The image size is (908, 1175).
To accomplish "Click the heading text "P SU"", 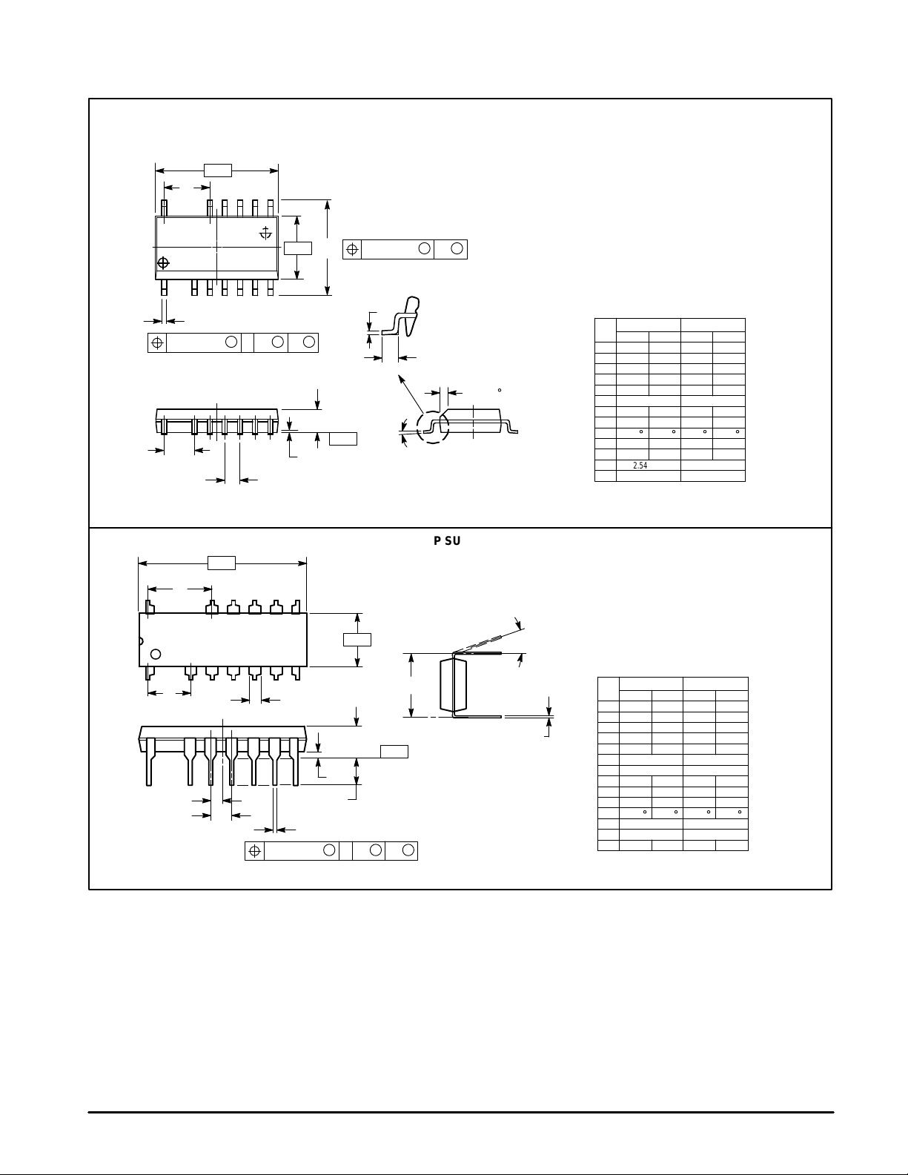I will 447,541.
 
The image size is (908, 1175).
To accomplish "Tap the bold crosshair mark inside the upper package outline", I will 163,262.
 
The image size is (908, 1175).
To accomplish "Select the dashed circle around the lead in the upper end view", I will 434,428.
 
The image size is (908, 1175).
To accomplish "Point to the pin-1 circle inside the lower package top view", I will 156,654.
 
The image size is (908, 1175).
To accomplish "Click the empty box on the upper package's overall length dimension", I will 218,171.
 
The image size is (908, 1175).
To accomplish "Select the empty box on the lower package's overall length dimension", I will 222,563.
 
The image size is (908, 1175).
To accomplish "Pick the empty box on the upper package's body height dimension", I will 298,248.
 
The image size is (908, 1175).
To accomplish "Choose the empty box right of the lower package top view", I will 357,639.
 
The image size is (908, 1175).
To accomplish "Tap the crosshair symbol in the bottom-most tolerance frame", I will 255,850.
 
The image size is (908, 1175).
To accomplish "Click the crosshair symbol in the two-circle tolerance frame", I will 353,249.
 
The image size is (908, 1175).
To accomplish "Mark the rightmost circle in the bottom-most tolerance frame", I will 408,850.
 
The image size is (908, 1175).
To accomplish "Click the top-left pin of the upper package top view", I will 165,208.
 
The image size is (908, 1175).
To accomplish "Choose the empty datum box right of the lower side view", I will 394,752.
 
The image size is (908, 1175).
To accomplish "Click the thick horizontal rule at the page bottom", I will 461,1112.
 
